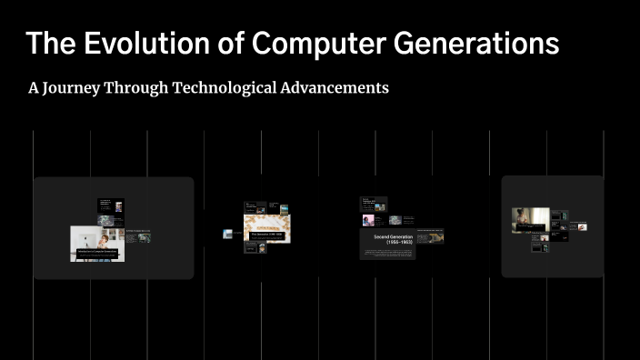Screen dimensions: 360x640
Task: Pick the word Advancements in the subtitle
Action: pyautogui.click(x=336, y=88)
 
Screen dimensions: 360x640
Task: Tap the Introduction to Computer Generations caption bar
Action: pyautogui.click(x=97, y=251)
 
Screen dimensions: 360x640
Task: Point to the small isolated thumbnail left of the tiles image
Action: pyautogui.click(x=228, y=234)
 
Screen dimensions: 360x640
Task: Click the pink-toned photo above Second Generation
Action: pyautogui.click(x=369, y=220)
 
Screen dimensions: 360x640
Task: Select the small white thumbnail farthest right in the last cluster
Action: pyautogui.click(x=582, y=226)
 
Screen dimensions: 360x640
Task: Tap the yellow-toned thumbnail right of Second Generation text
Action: pyautogui.click(x=435, y=237)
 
